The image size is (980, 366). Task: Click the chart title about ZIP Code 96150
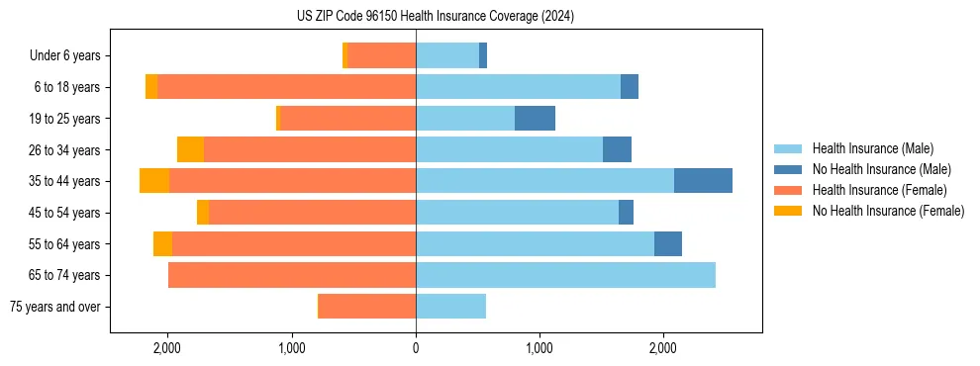435,17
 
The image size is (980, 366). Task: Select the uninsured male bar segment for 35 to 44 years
703,181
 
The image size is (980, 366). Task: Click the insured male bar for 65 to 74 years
565,275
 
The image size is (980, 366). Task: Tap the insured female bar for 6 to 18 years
286,87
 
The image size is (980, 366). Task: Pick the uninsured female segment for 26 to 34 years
190,149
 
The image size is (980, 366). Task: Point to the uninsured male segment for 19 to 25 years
535,119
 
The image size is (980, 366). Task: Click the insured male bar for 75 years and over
450,307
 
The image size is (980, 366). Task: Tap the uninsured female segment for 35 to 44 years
154,181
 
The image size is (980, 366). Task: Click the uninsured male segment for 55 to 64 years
668,243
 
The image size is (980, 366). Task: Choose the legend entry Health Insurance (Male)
872,148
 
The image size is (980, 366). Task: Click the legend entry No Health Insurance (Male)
881,169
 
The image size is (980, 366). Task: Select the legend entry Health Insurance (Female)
879,190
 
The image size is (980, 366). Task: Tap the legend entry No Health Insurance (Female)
888,211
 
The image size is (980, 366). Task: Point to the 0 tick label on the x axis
416,348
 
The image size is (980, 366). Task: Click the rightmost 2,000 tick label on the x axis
663,348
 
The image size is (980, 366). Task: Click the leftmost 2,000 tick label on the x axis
167,348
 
